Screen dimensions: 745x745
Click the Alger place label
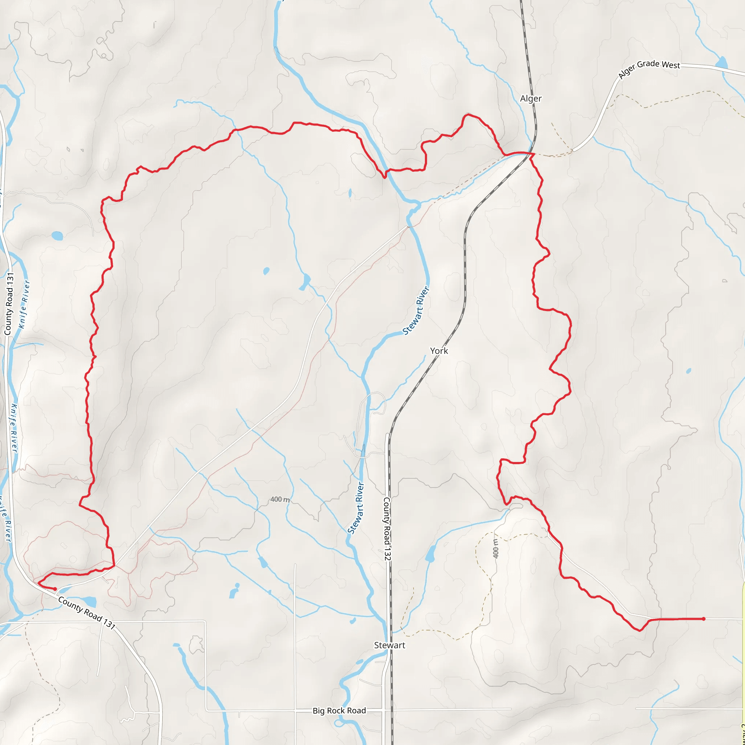[531, 99]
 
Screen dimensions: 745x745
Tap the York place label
[439, 351]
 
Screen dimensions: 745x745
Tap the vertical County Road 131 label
[9, 304]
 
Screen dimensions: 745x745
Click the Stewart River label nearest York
[416, 310]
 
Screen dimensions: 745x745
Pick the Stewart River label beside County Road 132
[356, 508]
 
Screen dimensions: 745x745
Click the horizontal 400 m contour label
[280, 499]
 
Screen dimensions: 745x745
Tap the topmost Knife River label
[24, 304]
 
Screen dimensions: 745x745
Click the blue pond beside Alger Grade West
[721, 63]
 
